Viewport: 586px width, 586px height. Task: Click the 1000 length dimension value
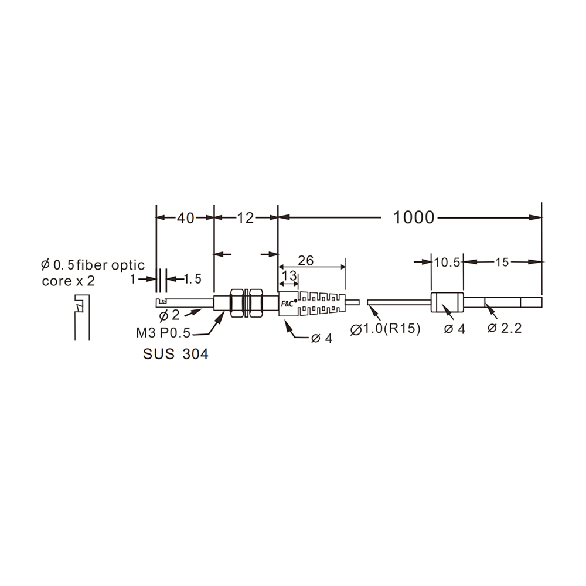(x=414, y=217)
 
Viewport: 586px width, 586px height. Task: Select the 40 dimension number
(x=186, y=218)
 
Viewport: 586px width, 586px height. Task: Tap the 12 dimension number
(x=245, y=218)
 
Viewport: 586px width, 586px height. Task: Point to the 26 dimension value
(x=306, y=261)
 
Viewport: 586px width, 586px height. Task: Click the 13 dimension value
(x=289, y=276)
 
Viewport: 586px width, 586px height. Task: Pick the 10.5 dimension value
(x=447, y=263)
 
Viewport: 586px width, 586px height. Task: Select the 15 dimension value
(x=502, y=263)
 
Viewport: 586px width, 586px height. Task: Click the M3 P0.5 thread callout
(x=163, y=333)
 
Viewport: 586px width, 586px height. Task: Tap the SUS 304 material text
(x=176, y=354)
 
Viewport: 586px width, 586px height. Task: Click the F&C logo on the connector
(x=287, y=304)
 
